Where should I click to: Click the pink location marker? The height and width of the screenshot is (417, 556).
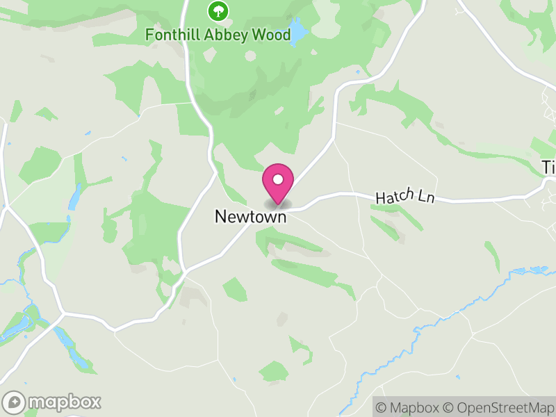pos(277,184)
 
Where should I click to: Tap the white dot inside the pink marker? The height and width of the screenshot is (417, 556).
pos(277,179)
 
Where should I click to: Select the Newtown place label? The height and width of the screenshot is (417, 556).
pos(250,217)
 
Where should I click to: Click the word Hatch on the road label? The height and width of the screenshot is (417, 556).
pos(395,197)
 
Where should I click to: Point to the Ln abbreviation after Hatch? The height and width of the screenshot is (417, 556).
pos(426,198)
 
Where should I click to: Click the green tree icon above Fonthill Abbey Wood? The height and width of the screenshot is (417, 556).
pos(218,10)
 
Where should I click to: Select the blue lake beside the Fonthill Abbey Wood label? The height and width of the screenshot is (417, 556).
pos(298,31)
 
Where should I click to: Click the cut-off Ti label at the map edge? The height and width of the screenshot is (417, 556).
pos(548,167)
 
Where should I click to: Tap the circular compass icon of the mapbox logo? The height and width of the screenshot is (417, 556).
pos(15,402)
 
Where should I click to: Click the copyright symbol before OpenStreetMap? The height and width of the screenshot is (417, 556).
pos(448,407)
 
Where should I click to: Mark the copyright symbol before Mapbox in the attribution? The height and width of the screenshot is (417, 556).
pos(381,407)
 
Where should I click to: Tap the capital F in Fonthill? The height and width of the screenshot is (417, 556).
pos(149,34)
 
